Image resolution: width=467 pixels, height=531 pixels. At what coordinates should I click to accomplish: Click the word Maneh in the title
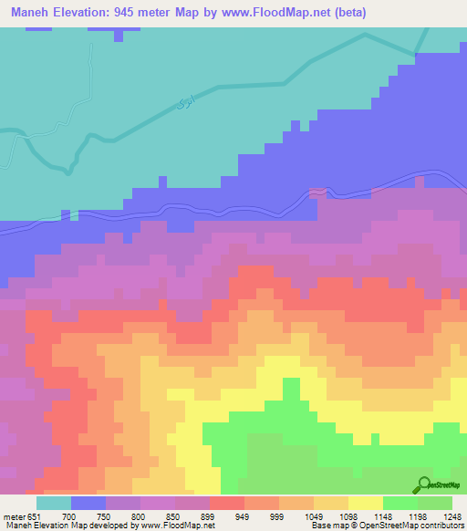(30, 13)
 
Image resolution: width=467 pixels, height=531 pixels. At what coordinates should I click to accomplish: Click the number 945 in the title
(150, 13)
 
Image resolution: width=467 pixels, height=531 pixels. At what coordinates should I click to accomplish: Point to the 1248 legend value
(451, 516)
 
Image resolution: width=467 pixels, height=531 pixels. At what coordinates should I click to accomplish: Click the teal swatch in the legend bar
(54, 503)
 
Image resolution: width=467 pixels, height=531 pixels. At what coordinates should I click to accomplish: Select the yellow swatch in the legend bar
(365, 503)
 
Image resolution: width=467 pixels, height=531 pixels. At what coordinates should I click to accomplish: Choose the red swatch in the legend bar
(226, 503)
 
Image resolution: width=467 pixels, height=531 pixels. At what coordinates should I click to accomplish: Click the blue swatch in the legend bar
(88, 503)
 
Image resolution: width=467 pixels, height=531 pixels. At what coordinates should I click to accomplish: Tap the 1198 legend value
(416, 516)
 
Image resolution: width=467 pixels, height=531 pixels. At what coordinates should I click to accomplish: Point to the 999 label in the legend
(278, 516)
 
